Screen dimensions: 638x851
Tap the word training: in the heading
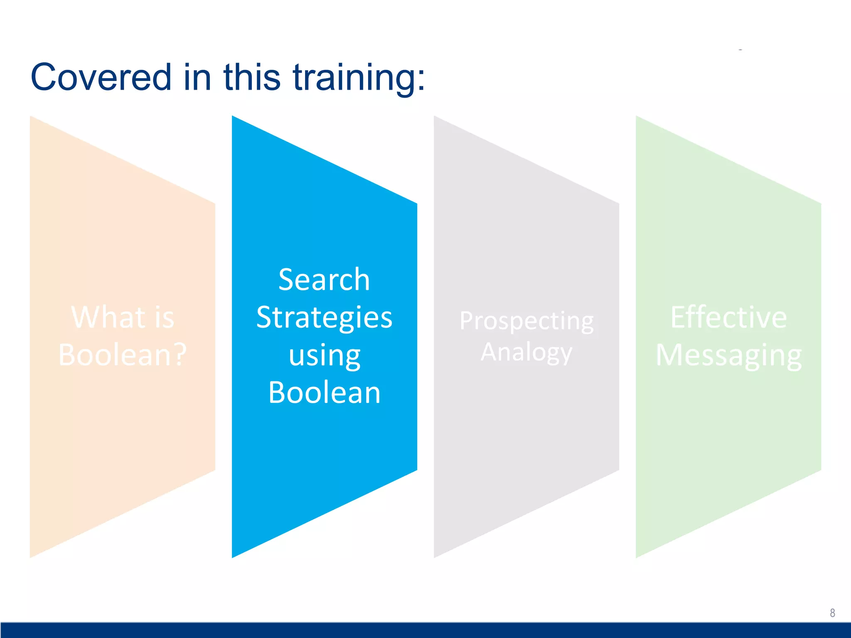pos(359,78)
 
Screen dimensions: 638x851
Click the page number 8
pos(832,613)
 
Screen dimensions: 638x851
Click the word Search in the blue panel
pos(324,280)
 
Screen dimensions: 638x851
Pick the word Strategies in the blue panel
pos(324,318)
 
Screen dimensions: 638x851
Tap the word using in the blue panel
pos(324,356)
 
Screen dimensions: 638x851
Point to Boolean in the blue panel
pos(324,393)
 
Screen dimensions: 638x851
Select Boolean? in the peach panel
pos(123,355)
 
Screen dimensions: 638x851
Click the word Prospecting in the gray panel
pos(526,321)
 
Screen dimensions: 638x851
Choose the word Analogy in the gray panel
pos(526,353)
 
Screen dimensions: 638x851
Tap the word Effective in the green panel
pos(728,317)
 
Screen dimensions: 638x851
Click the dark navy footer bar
pos(425,630)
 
